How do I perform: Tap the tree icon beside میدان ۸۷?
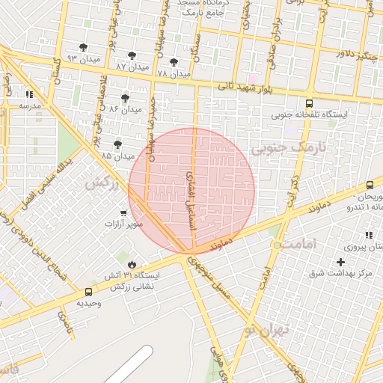132,55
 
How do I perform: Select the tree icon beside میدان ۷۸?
174,63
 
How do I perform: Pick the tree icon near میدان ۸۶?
125,98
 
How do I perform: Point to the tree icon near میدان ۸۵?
117,144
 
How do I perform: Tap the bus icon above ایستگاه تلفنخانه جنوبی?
309,104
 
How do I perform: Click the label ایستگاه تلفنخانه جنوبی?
309,115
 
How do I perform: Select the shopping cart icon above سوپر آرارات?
122,213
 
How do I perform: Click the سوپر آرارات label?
122,224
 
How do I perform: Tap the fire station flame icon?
132,263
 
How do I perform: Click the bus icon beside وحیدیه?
89,292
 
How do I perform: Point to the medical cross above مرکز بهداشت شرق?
341,263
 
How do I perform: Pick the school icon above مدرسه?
29,95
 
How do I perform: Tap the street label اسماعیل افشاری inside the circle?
189,191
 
